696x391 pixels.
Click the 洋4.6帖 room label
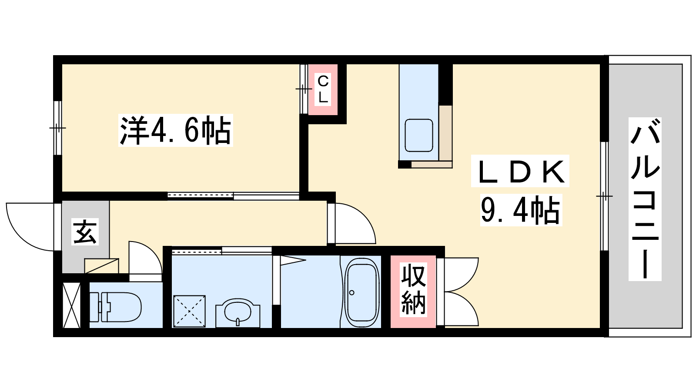[x=176, y=130]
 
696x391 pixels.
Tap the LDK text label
[x=520, y=171]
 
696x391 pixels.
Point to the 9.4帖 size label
[x=521, y=210]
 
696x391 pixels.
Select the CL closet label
[x=323, y=89]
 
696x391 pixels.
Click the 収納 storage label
[x=413, y=290]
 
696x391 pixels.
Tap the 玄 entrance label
[x=85, y=232]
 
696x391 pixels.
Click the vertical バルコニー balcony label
[x=645, y=199]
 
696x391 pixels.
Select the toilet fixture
[x=115, y=307]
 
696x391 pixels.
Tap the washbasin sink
[x=238, y=312]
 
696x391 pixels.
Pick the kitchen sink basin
[x=419, y=135]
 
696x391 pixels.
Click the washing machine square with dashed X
[x=189, y=311]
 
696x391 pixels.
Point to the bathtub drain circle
[x=352, y=293]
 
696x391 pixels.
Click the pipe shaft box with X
[x=72, y=305]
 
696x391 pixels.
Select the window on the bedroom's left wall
[x=58, y=128]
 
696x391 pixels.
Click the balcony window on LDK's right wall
[x=604, y=196]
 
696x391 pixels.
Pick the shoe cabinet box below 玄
[x=101, y=266]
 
